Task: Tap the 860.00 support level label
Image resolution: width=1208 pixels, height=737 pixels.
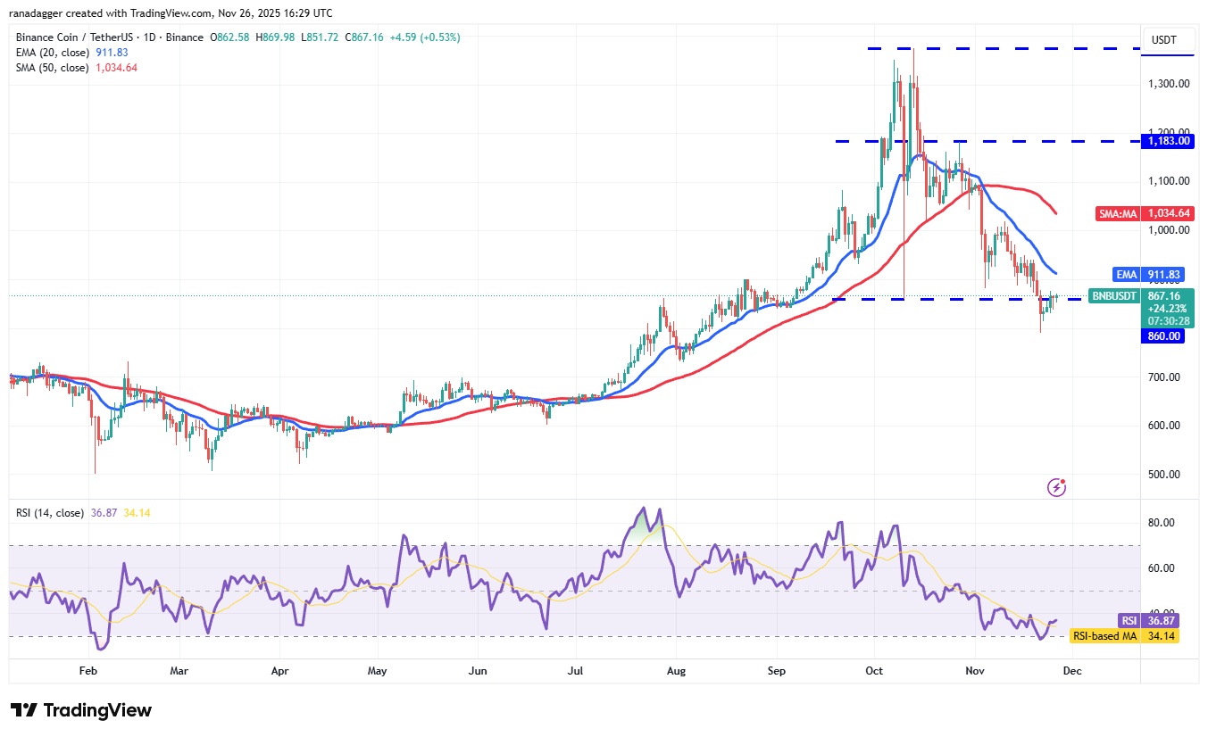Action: pyautogui.click(x=1163, y=336)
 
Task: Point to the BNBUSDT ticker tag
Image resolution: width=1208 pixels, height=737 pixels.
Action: pyautogui.click(x=1114, y=295)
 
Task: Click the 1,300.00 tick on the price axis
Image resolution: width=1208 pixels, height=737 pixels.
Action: pyautogui.click(x=1168, y=84)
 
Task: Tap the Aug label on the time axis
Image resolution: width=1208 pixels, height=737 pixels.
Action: pyautogui.click(x=676, y=670)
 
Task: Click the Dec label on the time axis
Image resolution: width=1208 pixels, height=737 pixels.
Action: pyautogui.click(x=1072, y=670)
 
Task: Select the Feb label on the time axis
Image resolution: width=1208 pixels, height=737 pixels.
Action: pyautogui.click(x=87, y=670)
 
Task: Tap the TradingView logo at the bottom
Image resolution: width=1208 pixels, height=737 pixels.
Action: pyautogui.click(x=81, y=710)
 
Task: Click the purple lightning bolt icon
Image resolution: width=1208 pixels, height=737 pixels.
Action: pyautogui.click(x=1056, y=487)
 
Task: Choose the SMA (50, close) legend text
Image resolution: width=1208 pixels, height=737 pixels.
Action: pyautogui.click(x=52, y=68)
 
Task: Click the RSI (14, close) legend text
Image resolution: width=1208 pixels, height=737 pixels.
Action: pyautogui.click(x=50, y=513)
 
